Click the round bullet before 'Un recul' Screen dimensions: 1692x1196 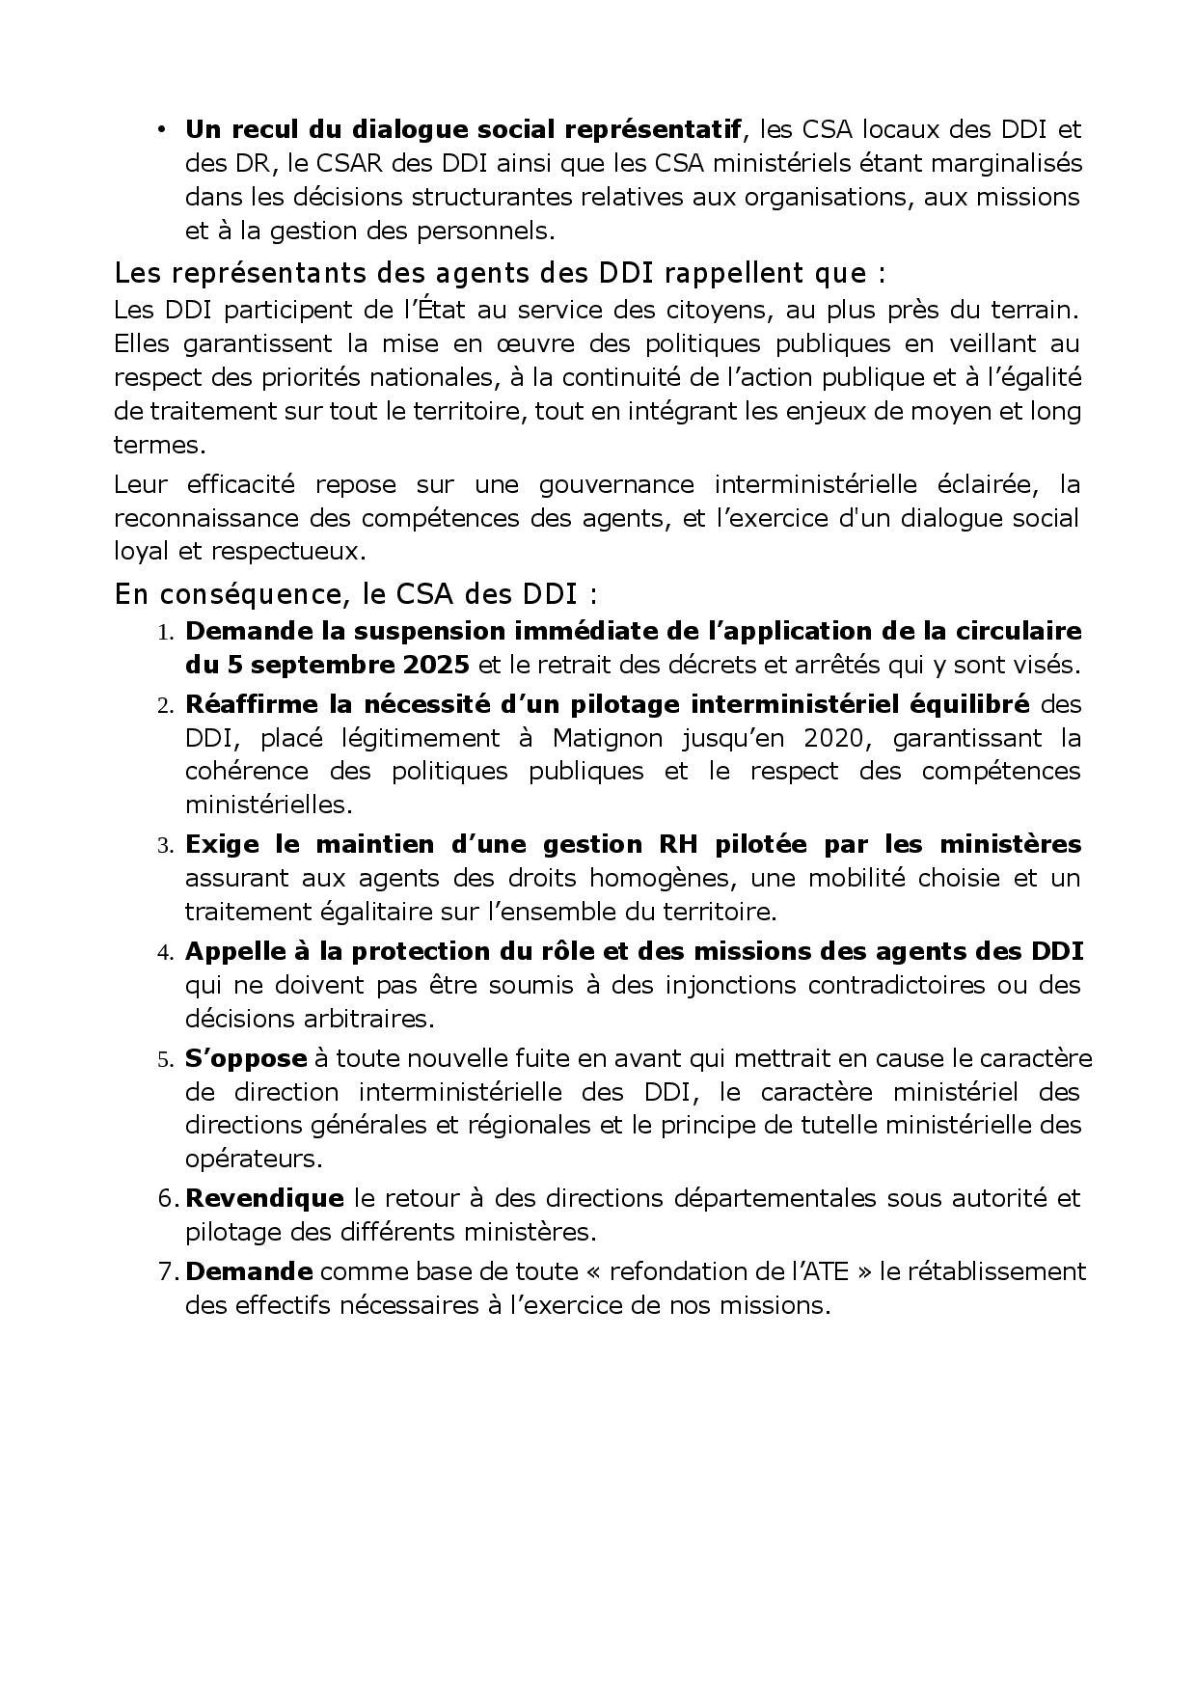pyautogui.click(x=162, y=129)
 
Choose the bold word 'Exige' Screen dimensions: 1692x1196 pyautogui.click(x=222, y=844)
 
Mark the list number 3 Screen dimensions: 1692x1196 pyautogui.click(x=164, y=846)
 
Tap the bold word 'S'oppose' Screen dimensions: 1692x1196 pyautogui.click(x=246, y=1058)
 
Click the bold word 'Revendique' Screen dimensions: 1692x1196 pyautogui.click(x=264, y=1198)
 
